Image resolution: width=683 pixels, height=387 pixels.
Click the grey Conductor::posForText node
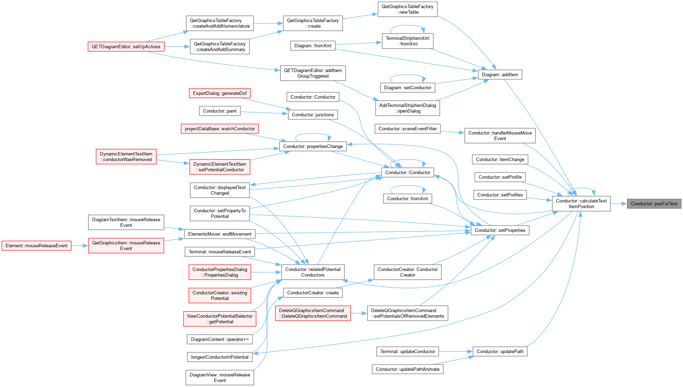(x=654, y=204)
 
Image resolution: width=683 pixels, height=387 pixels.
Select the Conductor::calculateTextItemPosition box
(x=581, y=204)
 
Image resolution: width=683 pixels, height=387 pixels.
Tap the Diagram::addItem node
(x=500, y=75)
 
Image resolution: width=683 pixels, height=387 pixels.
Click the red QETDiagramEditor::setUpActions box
(x=126, y=47)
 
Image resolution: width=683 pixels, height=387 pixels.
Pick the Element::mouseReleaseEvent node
(x=36, y=246)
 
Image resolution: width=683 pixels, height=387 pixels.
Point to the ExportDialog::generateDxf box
(x=220, y=93)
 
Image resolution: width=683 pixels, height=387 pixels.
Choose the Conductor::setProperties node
(x=500, y=230)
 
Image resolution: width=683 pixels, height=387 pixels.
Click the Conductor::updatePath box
(x=500, y=352)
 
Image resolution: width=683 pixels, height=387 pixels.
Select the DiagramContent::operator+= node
(x=220, y=339)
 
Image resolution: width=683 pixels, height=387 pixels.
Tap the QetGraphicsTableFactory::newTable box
(x=407, y=9)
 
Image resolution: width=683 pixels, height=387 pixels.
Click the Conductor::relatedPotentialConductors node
(x=313, y=272)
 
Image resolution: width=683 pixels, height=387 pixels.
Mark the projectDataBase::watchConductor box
(x=220, y=129)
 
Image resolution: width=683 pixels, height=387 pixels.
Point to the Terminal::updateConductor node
(x=408, y=352)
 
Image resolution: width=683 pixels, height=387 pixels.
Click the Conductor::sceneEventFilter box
(x=408, y=129)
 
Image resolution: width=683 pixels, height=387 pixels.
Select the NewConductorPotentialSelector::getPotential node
(x=220, y=319)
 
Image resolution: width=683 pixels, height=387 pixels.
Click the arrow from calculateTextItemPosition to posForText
(x=619, y=204)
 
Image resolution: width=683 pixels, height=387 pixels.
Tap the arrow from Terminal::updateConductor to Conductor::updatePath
(x=456, y=352)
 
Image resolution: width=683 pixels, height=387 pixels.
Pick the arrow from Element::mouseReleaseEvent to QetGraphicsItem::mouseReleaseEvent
(x=80, y=246)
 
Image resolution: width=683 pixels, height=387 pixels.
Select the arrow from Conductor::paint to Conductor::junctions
(x=264, y=113)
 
